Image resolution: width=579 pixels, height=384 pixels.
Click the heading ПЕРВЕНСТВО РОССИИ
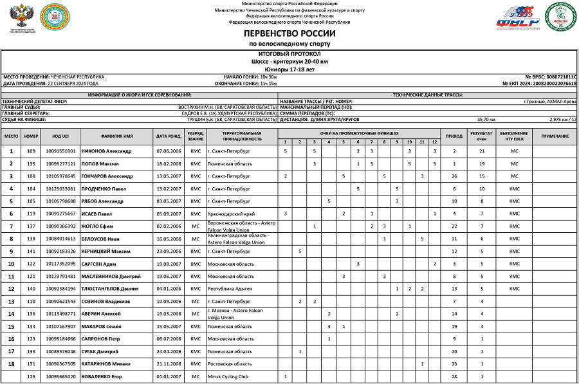click(x=289, y=33)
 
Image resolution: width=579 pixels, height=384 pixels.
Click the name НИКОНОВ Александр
click(x=106, y=151)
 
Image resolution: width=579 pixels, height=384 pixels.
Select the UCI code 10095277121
click(x=61, y=163)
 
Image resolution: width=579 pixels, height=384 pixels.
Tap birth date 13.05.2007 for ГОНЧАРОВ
click(x=169, y=176)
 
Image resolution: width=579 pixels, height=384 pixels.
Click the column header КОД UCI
click(x=61, y=136)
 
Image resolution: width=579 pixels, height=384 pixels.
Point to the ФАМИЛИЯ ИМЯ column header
click(x=116, y=136)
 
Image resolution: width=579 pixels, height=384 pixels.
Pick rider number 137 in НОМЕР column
click(x=31, y=226)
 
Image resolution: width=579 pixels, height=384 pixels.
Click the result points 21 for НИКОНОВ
click(x=481, y=151)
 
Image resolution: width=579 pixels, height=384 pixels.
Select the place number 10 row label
click(x=12, y=264)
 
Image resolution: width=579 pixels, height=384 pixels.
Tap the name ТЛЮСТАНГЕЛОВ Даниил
click(x=110, y=289)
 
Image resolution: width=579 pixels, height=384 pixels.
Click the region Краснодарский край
click(x=231, y=214)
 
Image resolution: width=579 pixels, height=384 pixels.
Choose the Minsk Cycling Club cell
click(x=228, y=376)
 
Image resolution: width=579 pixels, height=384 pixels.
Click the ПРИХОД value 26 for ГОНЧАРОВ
click(x=454, y=176)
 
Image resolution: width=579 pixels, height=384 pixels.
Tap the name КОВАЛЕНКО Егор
click(x=102, y=376)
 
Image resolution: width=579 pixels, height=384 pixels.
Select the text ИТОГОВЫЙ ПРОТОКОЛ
click(x=289, y=54)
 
